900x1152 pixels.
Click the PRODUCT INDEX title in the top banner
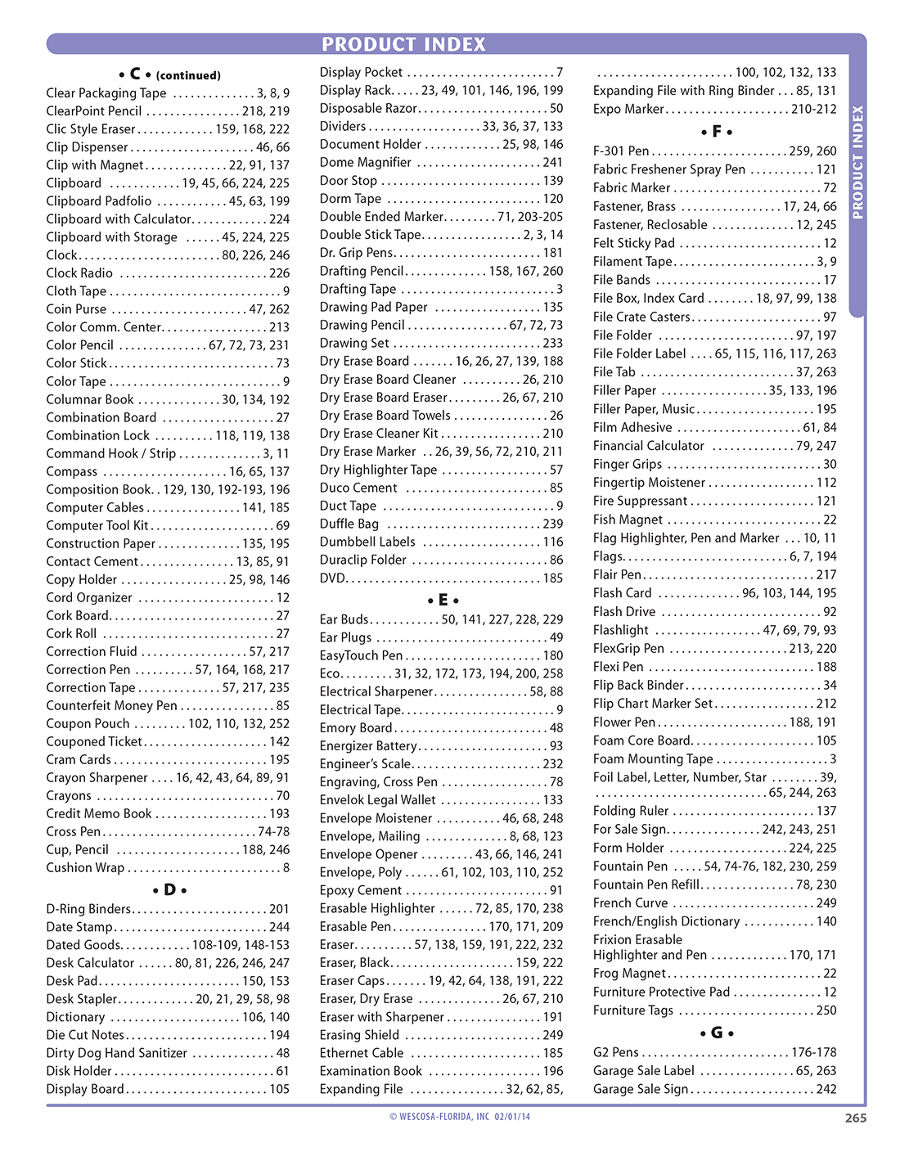403,44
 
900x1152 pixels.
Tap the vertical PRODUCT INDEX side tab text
857,162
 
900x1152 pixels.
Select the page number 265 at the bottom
855,1118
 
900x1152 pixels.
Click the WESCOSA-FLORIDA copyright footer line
460,1116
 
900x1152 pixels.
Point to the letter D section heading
169,889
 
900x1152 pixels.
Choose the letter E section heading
443,600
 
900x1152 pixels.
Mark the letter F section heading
717,132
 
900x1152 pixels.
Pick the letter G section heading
717,1033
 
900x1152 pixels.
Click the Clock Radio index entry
79,273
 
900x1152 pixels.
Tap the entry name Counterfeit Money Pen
111,705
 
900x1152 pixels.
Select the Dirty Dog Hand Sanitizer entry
116,1053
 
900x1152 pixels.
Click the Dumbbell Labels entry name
367,542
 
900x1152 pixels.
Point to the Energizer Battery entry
368,745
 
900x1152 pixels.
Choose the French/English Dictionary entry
666,921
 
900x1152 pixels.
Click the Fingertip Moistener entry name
649,483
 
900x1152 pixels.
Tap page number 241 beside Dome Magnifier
553,162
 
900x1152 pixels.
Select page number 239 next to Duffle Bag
553,524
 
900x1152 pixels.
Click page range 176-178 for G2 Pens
813,1052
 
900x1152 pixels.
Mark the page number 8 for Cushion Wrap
286,867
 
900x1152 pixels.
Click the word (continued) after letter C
188,75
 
